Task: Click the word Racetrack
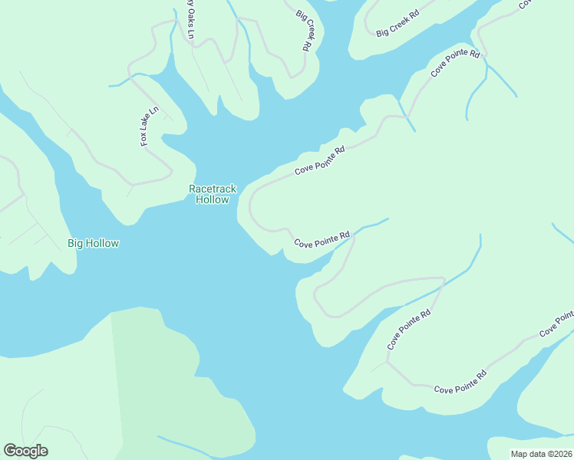tap(213, 189)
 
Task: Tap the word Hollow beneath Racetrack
tap(213, 200)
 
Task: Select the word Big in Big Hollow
tap(75, 244)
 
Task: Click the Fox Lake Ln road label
tap(149, 126)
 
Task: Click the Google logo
tap(25, 451)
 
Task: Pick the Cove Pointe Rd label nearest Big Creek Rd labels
tap(454, 64)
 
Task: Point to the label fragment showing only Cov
tap(526, 4)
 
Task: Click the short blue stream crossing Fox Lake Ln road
tap(123, 80)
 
